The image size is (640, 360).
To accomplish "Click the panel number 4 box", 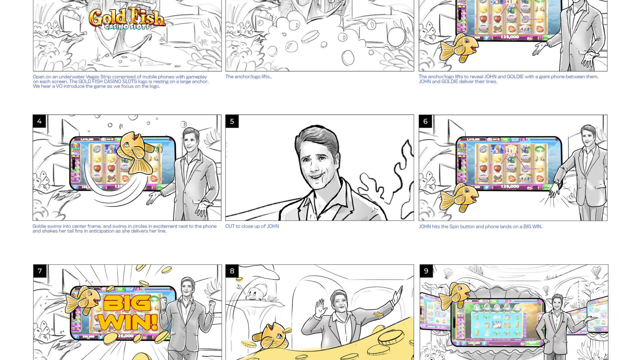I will (x=39, y=121).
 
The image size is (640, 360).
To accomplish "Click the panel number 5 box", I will (x=232, y=121).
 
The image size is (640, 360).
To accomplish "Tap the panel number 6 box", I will (x=425, y=121).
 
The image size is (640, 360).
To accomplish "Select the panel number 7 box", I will (x=40, y=271).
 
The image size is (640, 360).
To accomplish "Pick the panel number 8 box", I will (x=232, y=271).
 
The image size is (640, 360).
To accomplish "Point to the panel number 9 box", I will (x=426, y=271).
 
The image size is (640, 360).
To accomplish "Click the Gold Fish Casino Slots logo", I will (x=127, y=19).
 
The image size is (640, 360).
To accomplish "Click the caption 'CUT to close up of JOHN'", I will (x=252, y=226).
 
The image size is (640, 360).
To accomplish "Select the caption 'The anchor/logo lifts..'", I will (x=249, y=77).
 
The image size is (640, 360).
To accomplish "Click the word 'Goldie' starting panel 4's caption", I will (x=39, y=226).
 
